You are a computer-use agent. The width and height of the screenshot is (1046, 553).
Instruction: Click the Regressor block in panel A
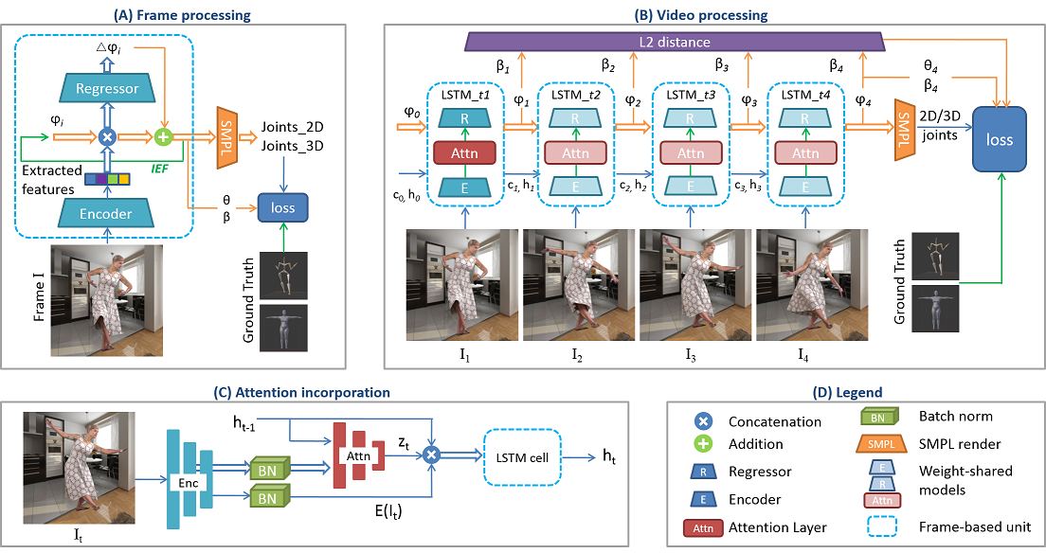[107, 89]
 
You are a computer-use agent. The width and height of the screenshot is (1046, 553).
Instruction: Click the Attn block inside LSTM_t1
[464, 152]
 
